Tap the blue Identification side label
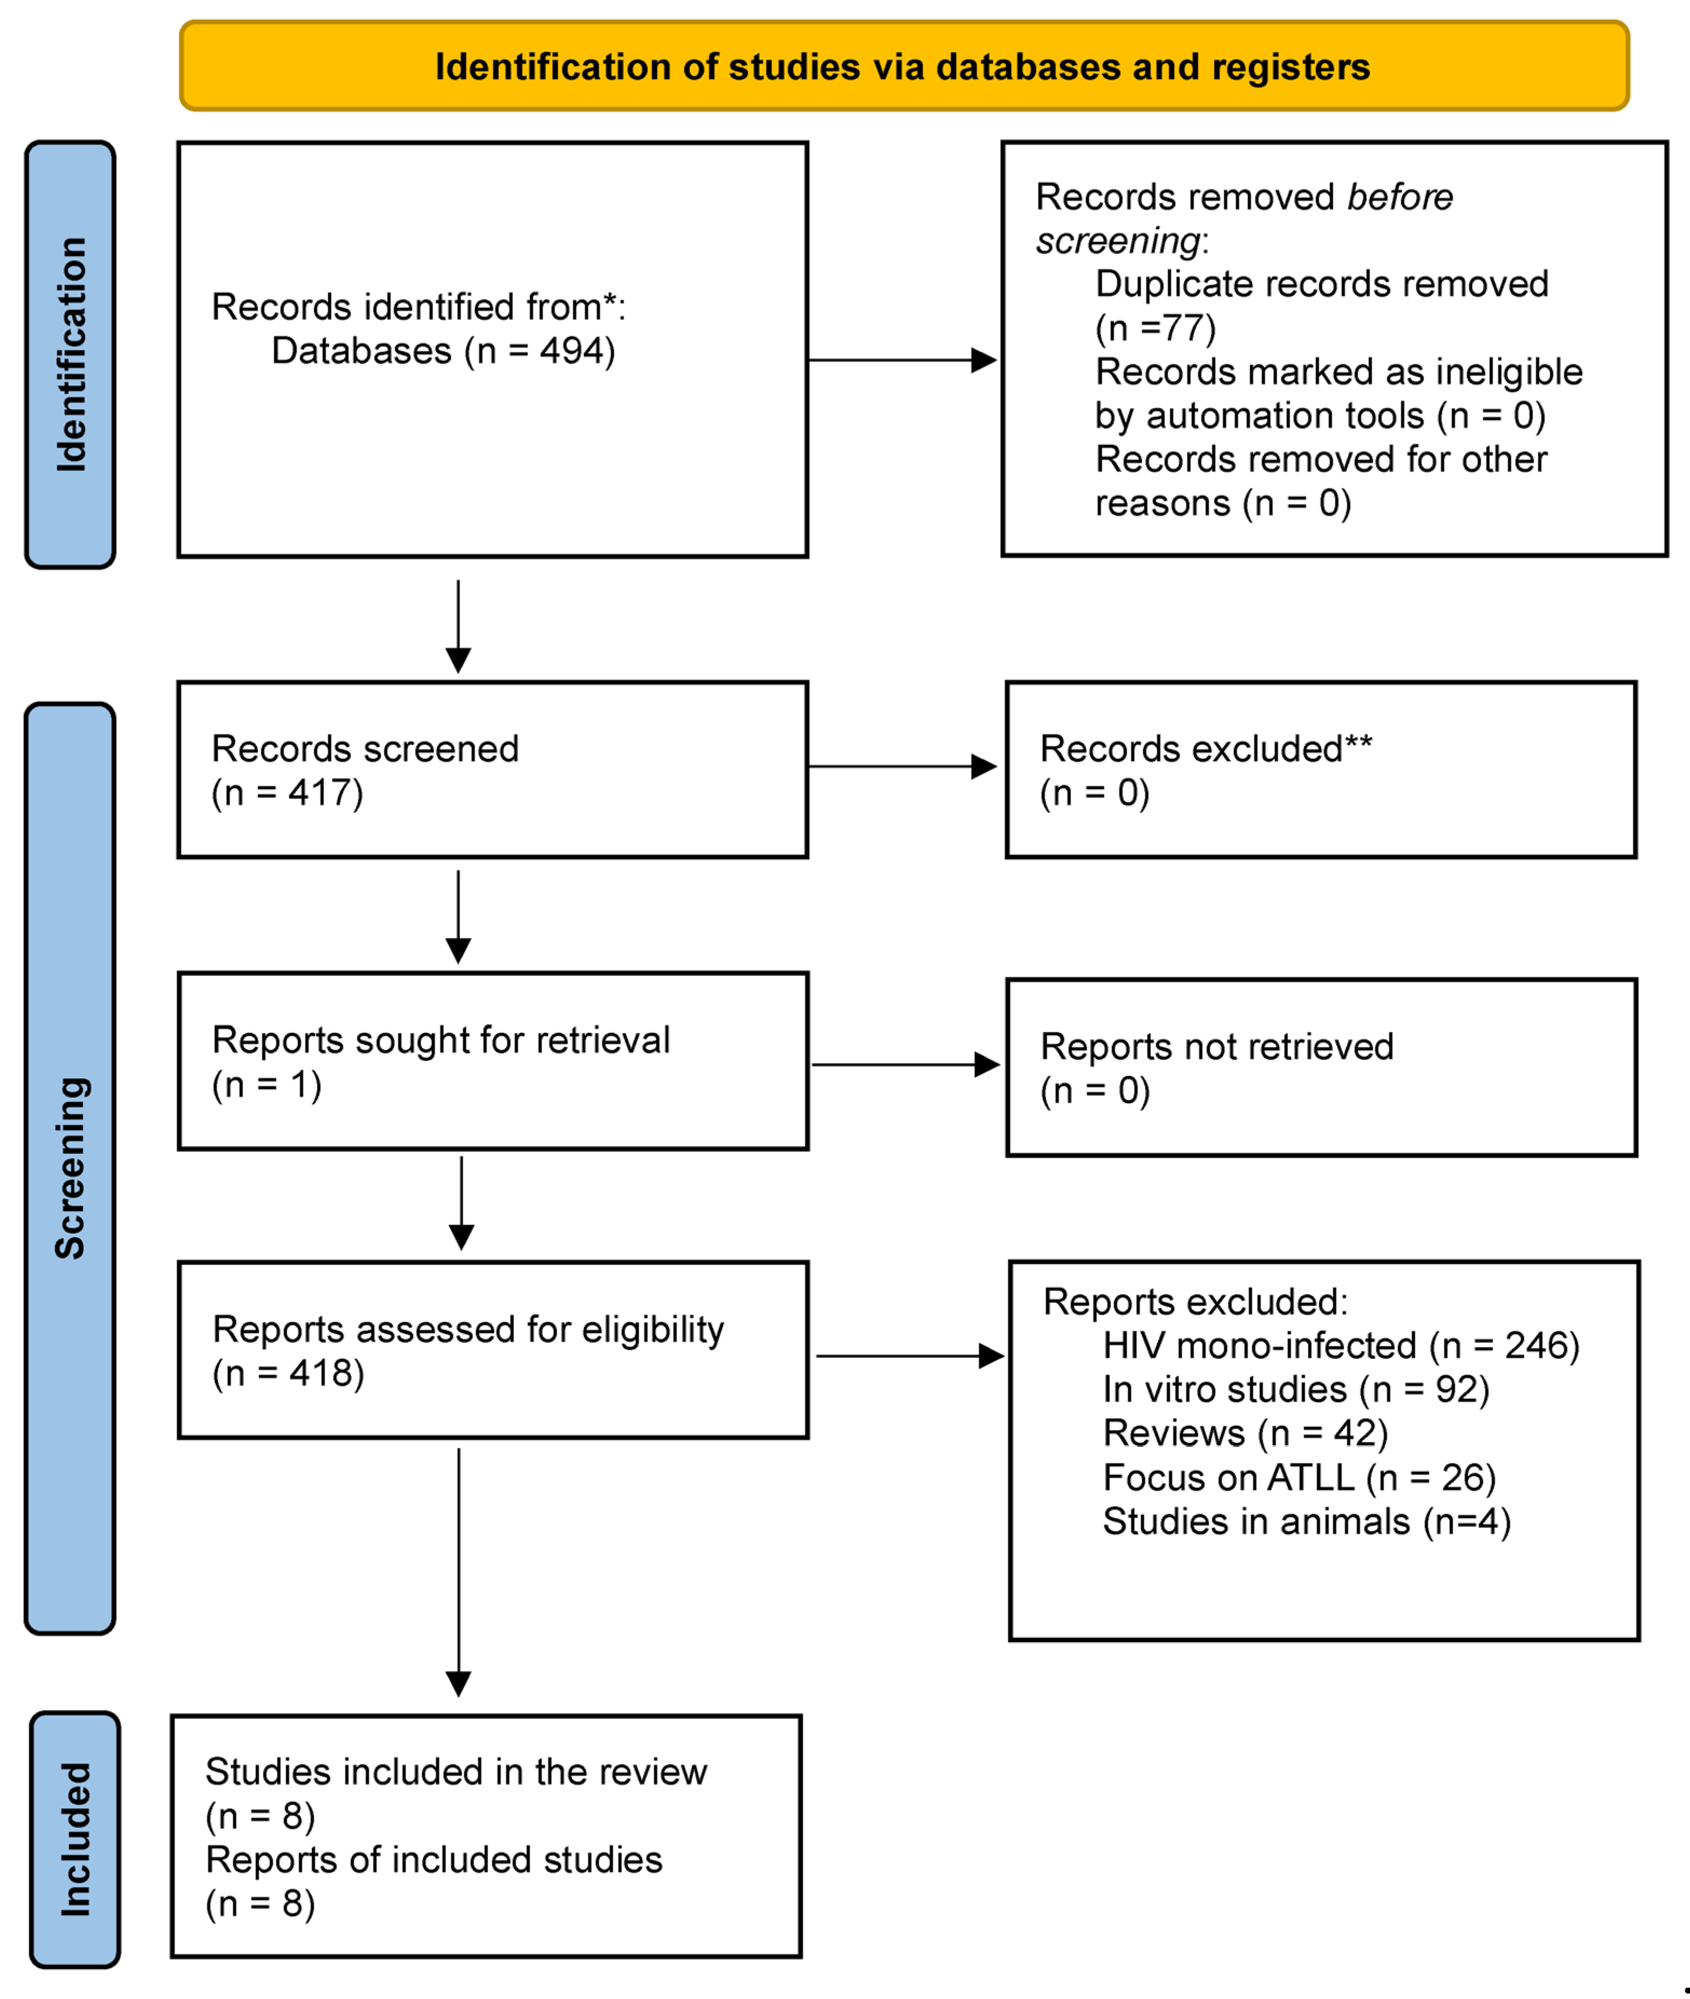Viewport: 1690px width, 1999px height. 71,355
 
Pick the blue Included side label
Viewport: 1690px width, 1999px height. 74,1839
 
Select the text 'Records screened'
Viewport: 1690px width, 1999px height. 365,748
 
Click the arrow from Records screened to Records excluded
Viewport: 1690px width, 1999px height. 900,766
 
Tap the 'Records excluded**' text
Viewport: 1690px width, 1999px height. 1205,748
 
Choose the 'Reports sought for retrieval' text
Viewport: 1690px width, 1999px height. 440,1040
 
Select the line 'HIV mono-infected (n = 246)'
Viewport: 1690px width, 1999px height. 1340,1346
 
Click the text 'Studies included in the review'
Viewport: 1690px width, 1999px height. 456,1771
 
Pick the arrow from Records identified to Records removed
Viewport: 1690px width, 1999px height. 900,360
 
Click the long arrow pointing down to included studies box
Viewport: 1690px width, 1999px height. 459,1571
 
